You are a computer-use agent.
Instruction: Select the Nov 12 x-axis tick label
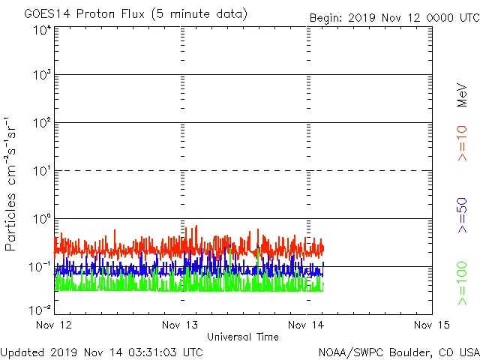click(55, 325)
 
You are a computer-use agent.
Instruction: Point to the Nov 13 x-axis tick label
click(181, 325)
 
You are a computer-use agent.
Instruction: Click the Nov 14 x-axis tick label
click(307, 325)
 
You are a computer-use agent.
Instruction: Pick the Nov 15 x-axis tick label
click(432, 325)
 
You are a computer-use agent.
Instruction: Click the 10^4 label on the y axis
click(42, 30)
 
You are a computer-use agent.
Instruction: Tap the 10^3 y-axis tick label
click(42, 76)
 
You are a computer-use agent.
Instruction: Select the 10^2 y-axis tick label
click(42, 124)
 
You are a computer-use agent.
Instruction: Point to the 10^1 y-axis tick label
click(42, 172)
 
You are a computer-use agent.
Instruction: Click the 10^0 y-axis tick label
click(42, 220)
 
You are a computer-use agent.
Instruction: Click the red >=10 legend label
click(463, 143)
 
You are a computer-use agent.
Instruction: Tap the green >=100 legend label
click(463, 283)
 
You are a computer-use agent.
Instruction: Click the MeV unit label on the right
click(463, 95)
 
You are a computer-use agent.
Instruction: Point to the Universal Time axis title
click(243, 337)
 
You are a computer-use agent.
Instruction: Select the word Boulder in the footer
click(397, 351)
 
